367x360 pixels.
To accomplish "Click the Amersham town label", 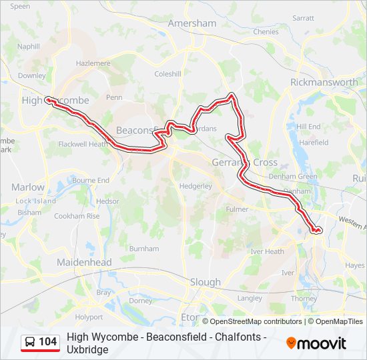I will point(192,23).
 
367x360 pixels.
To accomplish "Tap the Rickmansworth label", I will point(324,83).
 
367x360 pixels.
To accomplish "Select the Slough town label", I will point(205,282).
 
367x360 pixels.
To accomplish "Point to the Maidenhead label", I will point(85,263).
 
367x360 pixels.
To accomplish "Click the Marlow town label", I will point(28,187).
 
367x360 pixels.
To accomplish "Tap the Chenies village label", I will point(266,31).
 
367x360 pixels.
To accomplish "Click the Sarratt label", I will point(303,19).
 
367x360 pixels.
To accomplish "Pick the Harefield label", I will point(314,143).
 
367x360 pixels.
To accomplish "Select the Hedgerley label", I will point(195,187).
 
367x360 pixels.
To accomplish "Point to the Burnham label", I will point(143,249).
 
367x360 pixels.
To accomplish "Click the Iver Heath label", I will point(266,251).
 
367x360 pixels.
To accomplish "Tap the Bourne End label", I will point(91,181).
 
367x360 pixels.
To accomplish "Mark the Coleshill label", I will point(167,74).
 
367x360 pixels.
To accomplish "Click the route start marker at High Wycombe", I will point(47,101).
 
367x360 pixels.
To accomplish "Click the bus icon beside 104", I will point(30,342).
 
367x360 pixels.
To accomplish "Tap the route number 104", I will point(48,342).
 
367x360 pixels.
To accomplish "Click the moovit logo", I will point(316,343).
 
